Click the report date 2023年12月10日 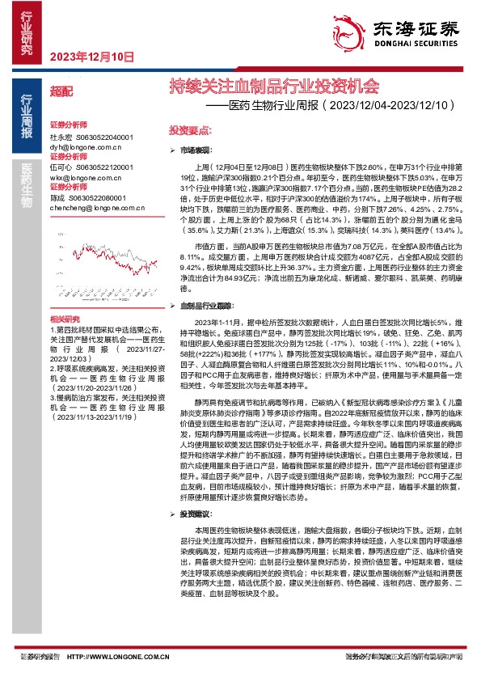91,57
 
